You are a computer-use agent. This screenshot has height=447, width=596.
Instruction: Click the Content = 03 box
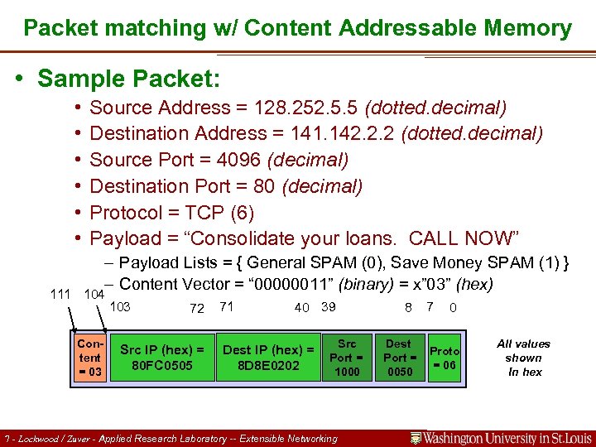tap(89, 357)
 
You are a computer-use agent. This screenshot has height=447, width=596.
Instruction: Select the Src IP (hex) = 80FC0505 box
tap(162, 357)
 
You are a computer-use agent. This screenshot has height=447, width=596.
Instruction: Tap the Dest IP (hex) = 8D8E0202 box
tap(268, 357)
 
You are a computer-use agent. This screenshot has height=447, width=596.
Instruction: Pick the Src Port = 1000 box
tap(347, 357)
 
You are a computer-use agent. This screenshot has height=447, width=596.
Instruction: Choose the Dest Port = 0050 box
tap(398, 357)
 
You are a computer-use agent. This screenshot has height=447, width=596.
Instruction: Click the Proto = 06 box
tap(445, 357)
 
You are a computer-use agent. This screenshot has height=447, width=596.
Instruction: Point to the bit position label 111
tap(60, 294)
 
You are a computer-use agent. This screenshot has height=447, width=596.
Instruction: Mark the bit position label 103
tap(120, 306)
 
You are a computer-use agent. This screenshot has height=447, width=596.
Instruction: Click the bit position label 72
tap(197, 308)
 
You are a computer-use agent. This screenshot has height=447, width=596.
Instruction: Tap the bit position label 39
tap(329, 306)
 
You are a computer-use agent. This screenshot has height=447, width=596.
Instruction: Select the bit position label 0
tap(453, 308)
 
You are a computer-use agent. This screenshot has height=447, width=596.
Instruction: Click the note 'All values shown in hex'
tap(523, 358)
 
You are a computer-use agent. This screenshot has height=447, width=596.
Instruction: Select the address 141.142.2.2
tap(340, 133)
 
